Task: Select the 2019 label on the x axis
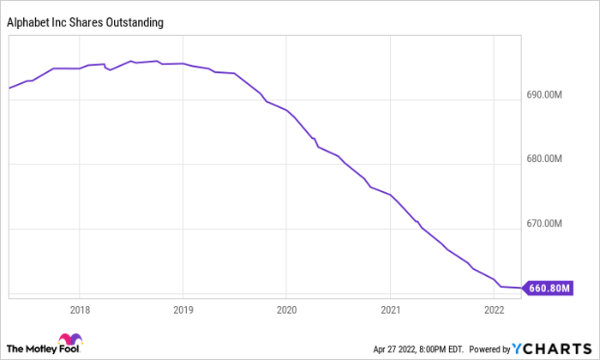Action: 183,309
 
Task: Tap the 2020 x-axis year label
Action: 286,309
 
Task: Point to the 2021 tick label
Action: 390,309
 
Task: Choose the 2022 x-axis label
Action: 494,309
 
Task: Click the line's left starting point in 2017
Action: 9,88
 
